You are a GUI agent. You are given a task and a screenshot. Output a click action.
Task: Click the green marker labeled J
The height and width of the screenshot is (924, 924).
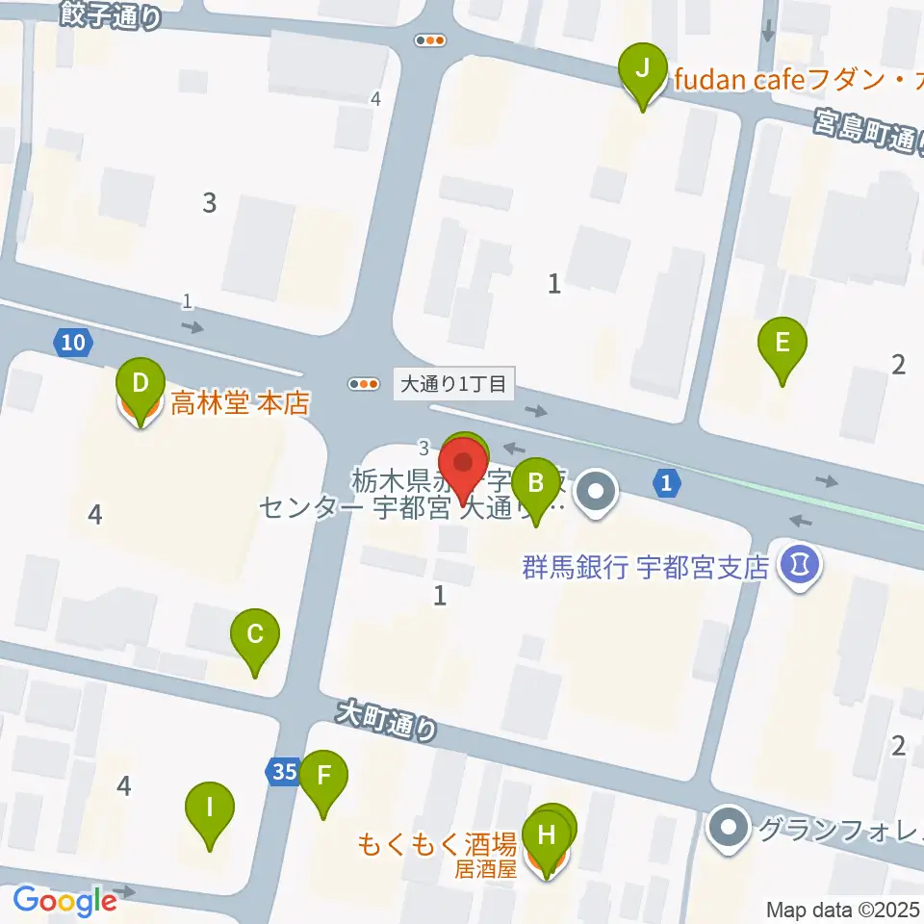click(646, 70)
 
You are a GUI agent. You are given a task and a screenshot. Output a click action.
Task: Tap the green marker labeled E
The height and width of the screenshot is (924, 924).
click(783, 344)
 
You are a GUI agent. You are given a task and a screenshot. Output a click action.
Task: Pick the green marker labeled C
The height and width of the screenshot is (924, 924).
click(255, 635)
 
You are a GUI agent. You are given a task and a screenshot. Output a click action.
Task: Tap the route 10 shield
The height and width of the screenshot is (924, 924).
click(75, 343)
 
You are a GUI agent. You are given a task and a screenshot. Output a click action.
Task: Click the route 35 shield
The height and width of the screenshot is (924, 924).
click(283, 771)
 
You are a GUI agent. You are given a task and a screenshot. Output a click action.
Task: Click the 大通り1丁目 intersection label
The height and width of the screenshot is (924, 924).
click(453, 384)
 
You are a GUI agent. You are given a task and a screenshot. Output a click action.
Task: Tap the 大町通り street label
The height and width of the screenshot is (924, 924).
click(386, 721)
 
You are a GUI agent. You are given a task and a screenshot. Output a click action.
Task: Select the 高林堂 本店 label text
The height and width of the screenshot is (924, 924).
click(240, 402)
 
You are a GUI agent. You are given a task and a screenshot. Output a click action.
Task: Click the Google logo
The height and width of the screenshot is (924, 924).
click(64, 901)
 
